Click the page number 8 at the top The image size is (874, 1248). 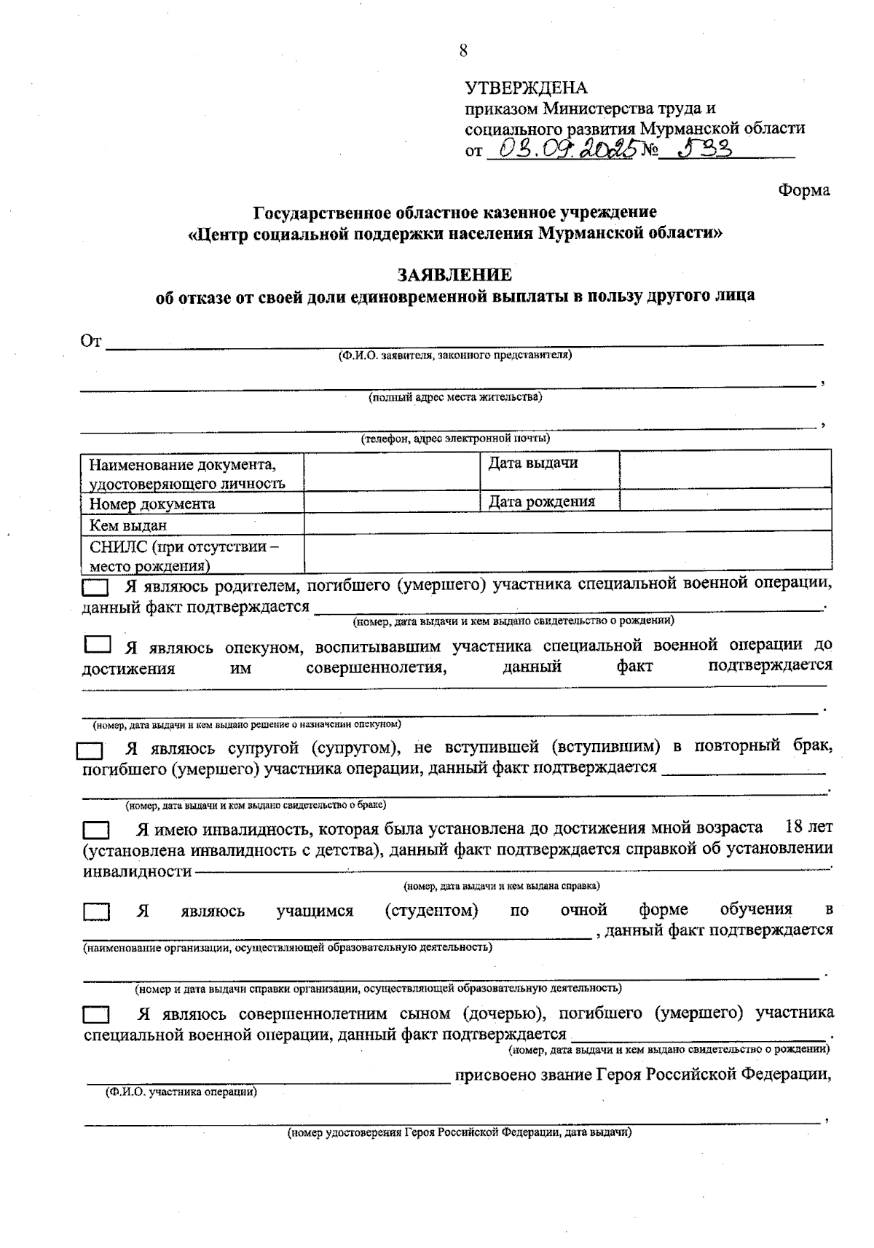(x=463, y=50)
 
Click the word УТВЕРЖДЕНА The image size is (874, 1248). (x=526, y=88)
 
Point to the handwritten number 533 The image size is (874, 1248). (x=704, y=148)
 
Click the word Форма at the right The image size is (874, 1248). (x=803, y=190)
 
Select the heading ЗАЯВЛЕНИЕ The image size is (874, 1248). (x=454, y=275)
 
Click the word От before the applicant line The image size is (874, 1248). (x=91, y=341)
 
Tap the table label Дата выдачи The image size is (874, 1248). (x=533, y=463)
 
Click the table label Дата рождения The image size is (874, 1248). (x=541, y=501)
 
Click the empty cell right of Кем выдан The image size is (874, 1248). (x=567, y=521)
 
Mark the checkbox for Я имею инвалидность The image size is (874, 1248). (x=95, y=831)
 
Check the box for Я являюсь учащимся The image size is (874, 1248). (x=95, y=911)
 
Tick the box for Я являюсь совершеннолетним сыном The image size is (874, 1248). (x=95, y=1015)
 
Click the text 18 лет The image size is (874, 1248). (x=808, y=828)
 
